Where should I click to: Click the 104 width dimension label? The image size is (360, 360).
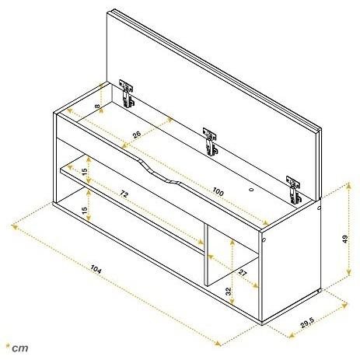96,269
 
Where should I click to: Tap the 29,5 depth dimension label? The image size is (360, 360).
307,323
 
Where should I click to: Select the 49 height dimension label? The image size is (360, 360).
345,239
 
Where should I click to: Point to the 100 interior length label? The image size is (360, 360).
218,191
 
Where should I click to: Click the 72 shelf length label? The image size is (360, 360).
124,194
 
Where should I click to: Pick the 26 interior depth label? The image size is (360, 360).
137,135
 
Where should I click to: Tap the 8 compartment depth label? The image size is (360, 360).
97,106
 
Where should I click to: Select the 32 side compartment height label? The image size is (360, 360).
228,292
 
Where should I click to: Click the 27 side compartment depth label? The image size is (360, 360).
243,273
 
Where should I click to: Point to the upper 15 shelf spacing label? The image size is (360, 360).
85,171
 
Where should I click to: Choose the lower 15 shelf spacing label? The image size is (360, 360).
85,210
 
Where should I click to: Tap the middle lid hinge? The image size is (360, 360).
210,142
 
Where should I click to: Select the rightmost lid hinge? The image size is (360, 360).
294,190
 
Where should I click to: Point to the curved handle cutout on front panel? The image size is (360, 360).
159,172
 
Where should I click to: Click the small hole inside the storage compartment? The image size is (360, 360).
251,190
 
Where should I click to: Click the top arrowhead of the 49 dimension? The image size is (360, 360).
349,184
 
